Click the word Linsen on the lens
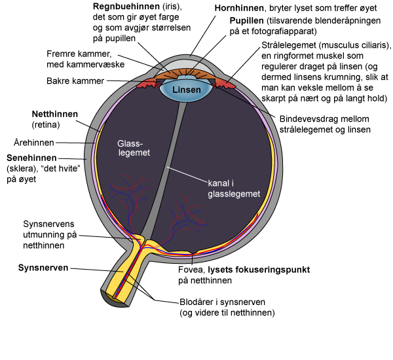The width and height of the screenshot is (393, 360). (184, 88)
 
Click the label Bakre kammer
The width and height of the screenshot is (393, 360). (75, 81)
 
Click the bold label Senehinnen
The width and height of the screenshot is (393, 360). (31, 158)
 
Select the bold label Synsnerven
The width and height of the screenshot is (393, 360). (43, 268)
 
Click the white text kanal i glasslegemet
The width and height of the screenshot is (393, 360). (234, 188)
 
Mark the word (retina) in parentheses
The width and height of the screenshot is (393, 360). (45, 124)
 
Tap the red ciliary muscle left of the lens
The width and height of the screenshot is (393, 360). (145, 83)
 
